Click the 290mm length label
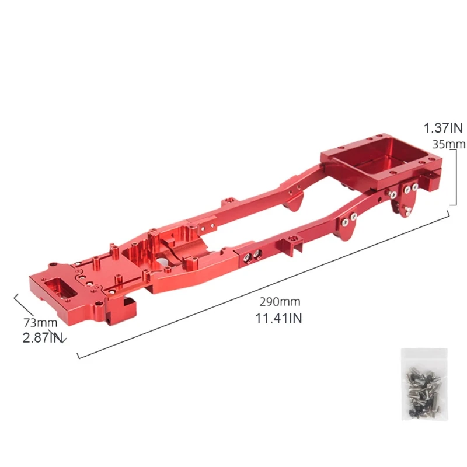[280, 302]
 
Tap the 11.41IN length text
[278, 318]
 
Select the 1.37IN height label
[443, 128]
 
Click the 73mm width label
[40, 322]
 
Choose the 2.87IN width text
[41, 337]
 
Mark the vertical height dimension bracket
[454, 175]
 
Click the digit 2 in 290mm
[264, 302]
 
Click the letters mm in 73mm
[49, 322]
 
